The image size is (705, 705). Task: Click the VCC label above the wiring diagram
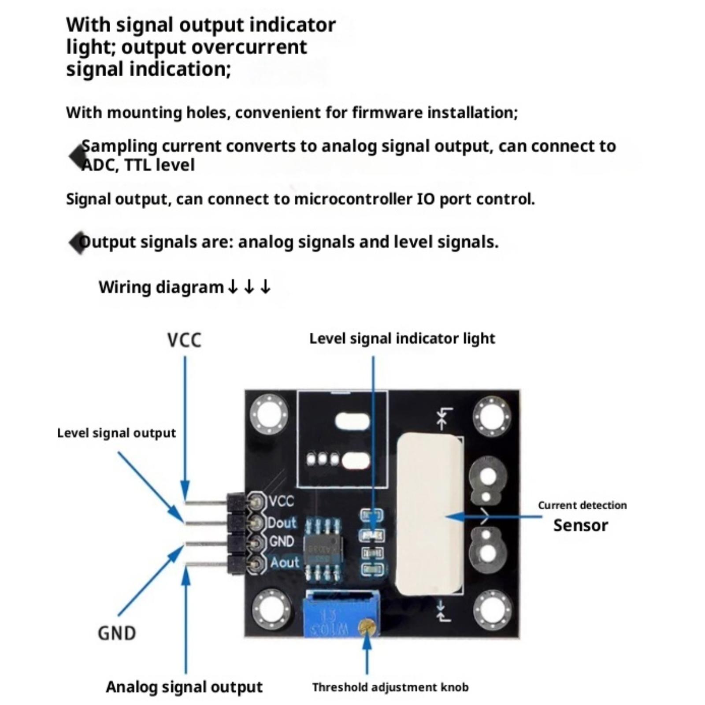pyautogui.click(x=184, y=340)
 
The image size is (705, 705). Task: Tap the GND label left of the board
pyautogui.click(x=117, y=633)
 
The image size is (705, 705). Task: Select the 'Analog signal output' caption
pyautogui.click(x=184, y=687)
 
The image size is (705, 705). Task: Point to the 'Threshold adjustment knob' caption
pyautogui.click(x=390, y=687)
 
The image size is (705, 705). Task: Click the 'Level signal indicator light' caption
pyautogui.click(x=402, y=338)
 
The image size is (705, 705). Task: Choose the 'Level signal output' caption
pyautogui.click(x=116, y=433)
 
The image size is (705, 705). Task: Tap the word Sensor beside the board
pyautogui.click(x=580, y=525)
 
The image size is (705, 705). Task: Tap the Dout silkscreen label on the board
pyautogui.click(x=282, y=523)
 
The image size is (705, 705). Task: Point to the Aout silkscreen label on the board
pyautogui.click(x=284, y=563)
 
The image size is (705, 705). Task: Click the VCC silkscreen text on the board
pyautogui.click(x=281, y=501)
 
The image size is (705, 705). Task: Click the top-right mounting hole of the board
pyautogui.click(x=492, y=416)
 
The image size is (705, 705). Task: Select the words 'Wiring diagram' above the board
pyautogui.click(x=161, y=287)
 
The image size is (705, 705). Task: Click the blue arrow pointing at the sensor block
pyautogui.click(x=493, y=516)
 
